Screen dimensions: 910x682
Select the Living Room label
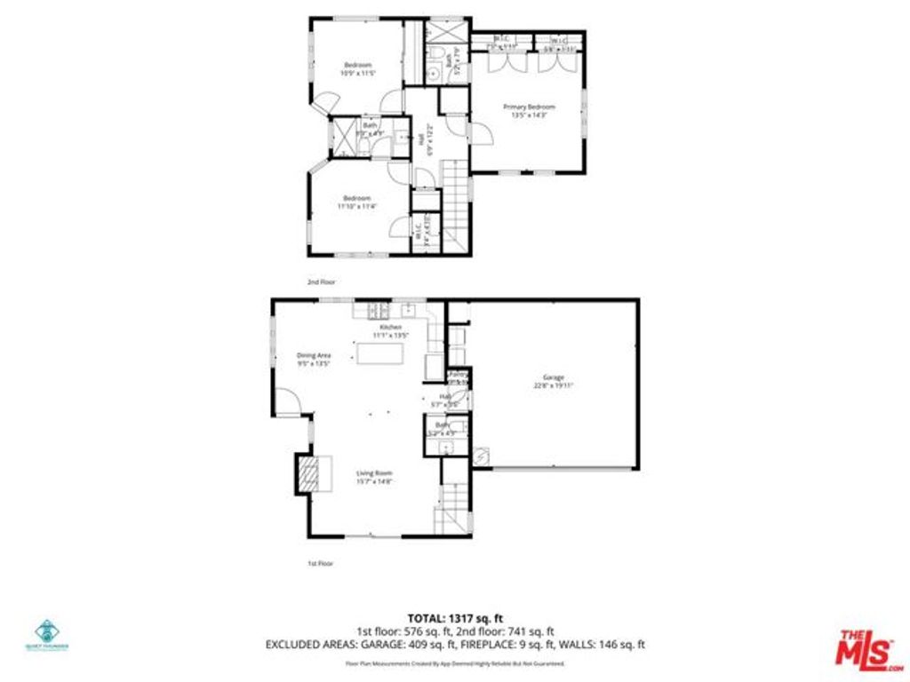tap(374, 477)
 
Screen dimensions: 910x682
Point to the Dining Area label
tap(313, 359)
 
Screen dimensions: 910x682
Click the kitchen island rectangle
tap(380, 353)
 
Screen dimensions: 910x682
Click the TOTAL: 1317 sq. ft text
tap(454, 618)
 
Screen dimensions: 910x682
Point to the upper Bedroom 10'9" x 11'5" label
tap(357, 69)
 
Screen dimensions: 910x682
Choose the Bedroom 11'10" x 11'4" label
tap(357, 202)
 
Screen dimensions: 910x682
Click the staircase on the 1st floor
tap(452, 506)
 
